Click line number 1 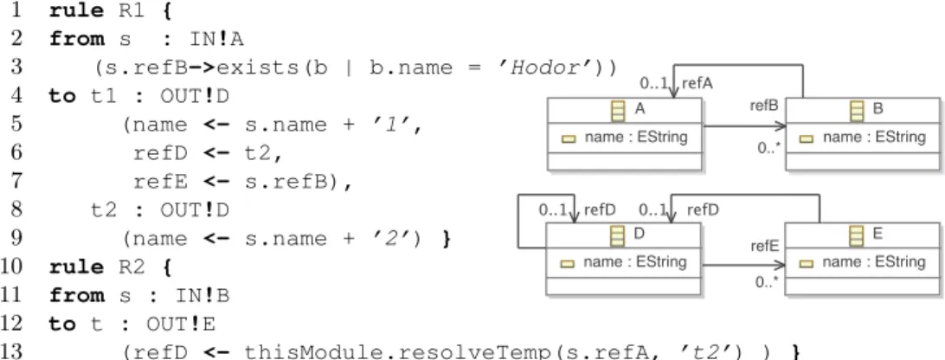[15, 11]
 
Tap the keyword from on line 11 [76, 295]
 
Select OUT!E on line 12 [180, 324]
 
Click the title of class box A [639, 109]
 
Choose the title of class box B [877, 109]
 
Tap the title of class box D [639, 234]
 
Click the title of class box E [877, 234]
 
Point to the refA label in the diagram [697, 84]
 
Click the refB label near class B [764, 106]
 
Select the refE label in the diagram [765, 246]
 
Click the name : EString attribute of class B [874, 138]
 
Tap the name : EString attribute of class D [635, 262]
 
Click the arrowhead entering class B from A [781, 126]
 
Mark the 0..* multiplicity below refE [768, 281]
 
